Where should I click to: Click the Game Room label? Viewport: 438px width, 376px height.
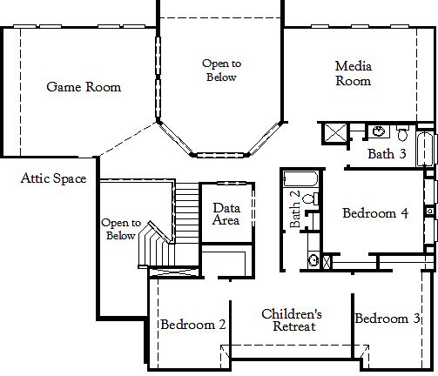pyautogui.click(x=84, y=87)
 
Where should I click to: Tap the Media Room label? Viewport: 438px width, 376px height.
pyautogui.click(x=354, y=73)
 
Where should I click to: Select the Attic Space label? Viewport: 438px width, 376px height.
pyautogui.click(x=53, y=179)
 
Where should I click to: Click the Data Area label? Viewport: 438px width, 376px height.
pyautogui.click(x=226, y=214)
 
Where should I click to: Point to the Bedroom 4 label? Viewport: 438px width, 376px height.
pyautogui.click(x=375, y=213)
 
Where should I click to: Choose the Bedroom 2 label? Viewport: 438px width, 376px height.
pyautogui.click(x=193, y=348)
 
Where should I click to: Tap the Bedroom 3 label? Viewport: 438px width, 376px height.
pyautogui.click(x=387, y=343)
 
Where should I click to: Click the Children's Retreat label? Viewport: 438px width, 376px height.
pyautogui.click(x=293, y=344)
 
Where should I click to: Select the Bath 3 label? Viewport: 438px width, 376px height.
pyautogui.click(x=387, y=155)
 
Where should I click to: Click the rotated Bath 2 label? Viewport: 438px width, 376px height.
pyautogui.click(x=295, y=210)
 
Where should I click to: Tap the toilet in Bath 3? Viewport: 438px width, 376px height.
pyautogui.click(x=401, y=133)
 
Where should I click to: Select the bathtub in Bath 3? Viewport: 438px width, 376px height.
pyautogui.click(x=424, y=148)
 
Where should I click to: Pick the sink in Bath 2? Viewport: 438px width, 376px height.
pyautogui.click(x=312, y=259)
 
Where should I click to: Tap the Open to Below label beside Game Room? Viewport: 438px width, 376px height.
pyautogui.click(x=221, y=70)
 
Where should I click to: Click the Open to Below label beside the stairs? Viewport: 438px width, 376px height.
pyautogui.click(x=120, y=229)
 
